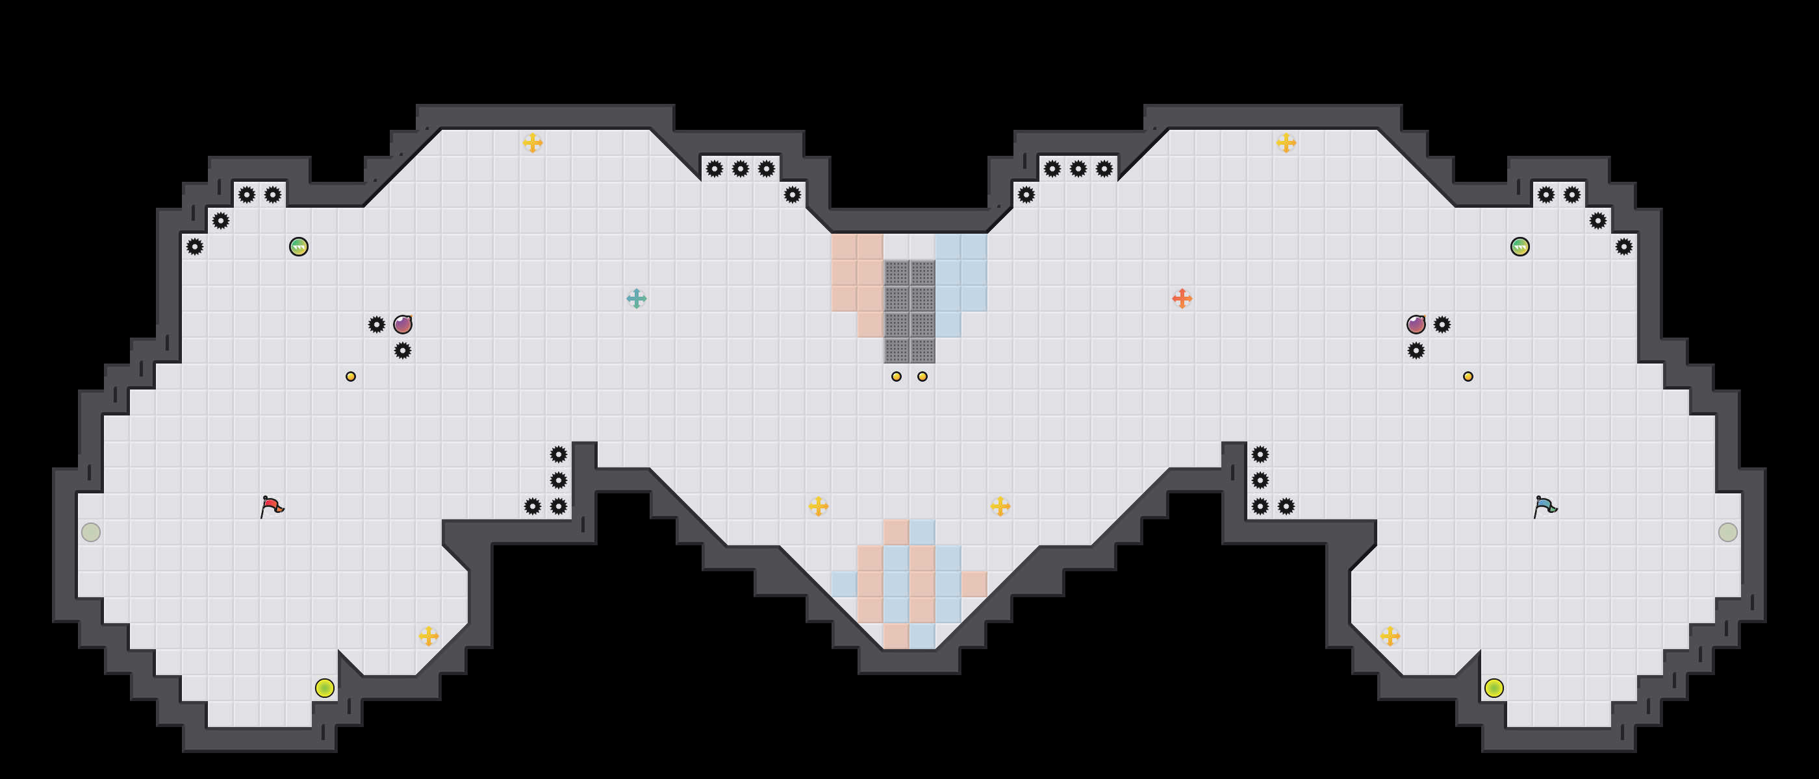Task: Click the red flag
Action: [x=272, y=506]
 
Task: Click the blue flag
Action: [x=1545, y=506]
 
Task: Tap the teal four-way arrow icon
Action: [x=636, y=299]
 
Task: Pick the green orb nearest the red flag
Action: [x=299, y=247]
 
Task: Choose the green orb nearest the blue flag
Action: [x=1520, y=247]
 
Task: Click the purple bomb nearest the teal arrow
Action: [x=403, y=325]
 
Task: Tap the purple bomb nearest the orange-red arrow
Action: [x=1416, y=325]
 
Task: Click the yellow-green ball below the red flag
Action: [x=325, y=688]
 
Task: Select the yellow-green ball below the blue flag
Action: [x=1494, y=688]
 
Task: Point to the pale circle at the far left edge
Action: [x=91, y=532]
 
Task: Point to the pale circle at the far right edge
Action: [x=1728, y=532]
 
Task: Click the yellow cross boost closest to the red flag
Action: [x=429, y=636]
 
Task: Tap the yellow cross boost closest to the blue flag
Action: [x=1390, y=636]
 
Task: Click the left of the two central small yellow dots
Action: [x=896, y=377]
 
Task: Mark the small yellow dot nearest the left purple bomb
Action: [x=351, y=377]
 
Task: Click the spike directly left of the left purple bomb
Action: [x=376, y=325]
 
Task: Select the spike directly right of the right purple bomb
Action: [x=1442, y=325]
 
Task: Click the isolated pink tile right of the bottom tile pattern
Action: [x=974, y=584]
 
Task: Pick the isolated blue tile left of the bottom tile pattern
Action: [x=844, y=584]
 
